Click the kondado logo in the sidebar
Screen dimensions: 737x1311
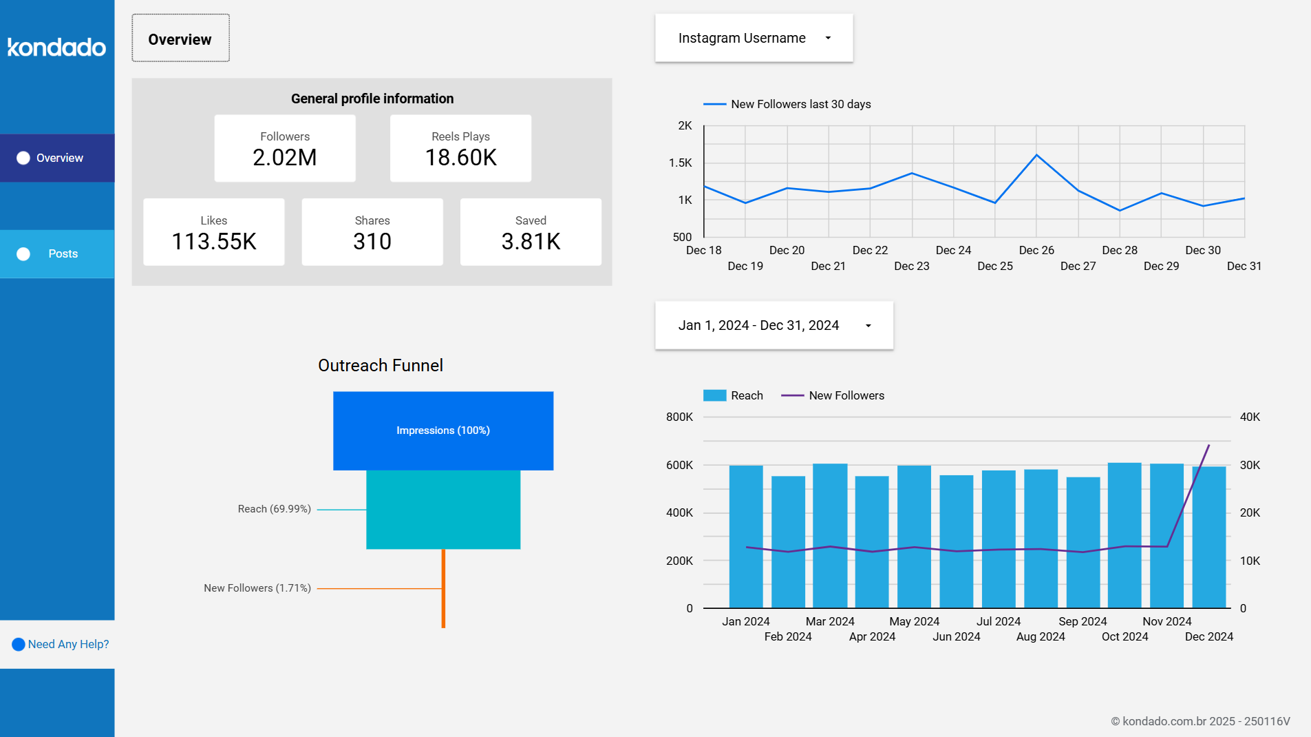tap(56, 47)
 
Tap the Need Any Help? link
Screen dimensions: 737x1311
tap(68, 644)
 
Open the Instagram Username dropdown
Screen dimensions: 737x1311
tap(754, 38)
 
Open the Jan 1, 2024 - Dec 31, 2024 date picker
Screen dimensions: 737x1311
tap(774, 325)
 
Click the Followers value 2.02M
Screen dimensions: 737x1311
tap(285, 158)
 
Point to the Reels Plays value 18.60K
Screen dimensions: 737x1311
tap(460, 158)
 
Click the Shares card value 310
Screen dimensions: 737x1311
tap(372, 242)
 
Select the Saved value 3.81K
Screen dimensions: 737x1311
tap(531, 242)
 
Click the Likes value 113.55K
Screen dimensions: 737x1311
tap(214, 242)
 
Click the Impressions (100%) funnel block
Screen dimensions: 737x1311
tap(443, 430)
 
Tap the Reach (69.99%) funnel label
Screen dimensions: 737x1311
tap(275, 509)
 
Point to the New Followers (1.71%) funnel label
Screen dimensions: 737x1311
tap(257, 588)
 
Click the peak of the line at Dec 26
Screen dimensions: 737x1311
tap(1036, 155)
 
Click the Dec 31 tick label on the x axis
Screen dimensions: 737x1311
tap(1244, 266)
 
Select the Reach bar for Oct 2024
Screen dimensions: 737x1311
tap(1125, 534)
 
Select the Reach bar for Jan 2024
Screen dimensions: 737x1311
tap(746, 536)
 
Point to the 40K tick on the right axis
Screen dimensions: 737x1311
tap(1250, 417)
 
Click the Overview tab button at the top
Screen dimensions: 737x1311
tap(180, 39)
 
